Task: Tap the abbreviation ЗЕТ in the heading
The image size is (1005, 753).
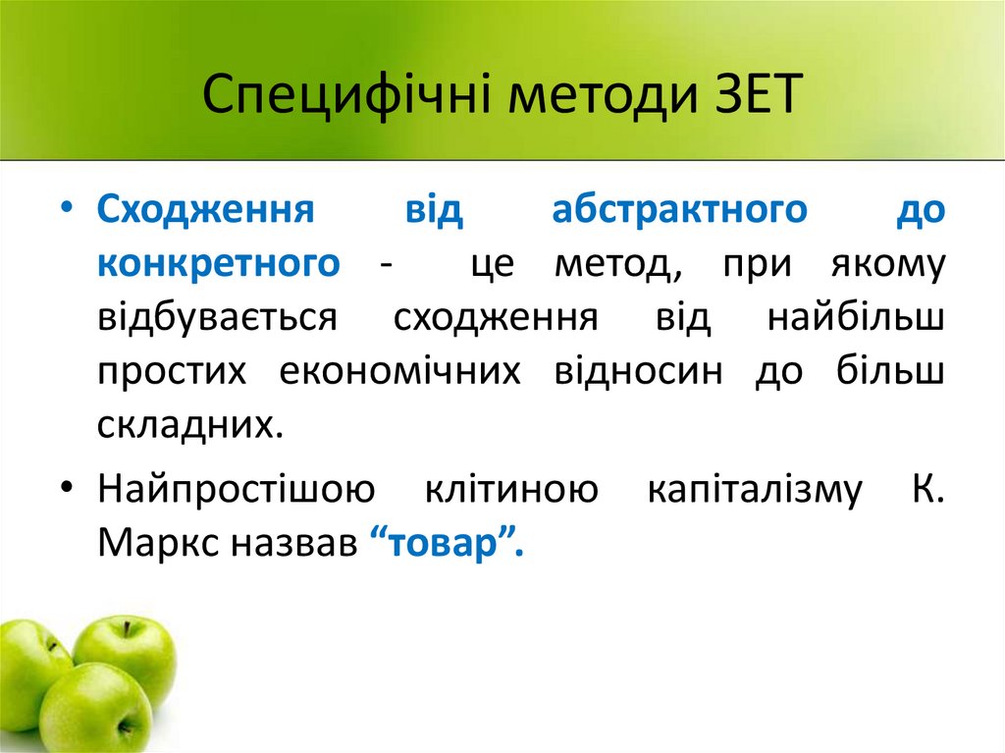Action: pyautogui.click(x=753, y=98)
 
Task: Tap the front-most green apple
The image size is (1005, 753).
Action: pyautogui.click(x=95, y=707)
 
